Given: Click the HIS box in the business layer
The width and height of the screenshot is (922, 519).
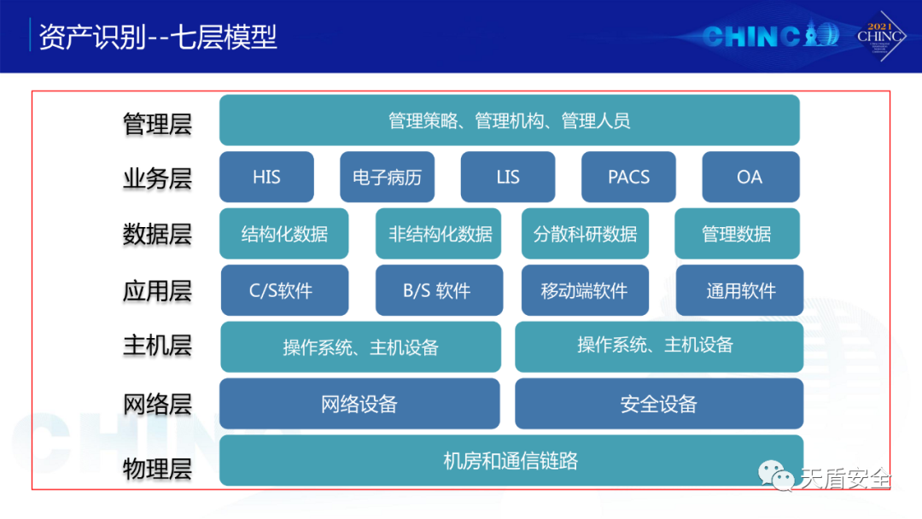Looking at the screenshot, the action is coord(266,178).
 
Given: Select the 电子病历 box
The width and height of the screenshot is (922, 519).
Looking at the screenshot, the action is coord(387,178).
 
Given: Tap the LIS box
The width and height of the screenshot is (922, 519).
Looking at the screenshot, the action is coord(508,178).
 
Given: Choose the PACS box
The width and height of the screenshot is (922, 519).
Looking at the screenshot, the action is coord(628,178).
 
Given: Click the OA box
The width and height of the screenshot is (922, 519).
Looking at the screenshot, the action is coord(750,178).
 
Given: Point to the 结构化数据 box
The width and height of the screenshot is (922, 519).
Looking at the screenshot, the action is coord(284,233).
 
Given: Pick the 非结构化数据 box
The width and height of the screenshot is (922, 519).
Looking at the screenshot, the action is coord(441,233).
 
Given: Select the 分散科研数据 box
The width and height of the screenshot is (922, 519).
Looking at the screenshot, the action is coord(586,233).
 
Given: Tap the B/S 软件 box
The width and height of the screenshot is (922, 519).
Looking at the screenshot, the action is coord(437,290).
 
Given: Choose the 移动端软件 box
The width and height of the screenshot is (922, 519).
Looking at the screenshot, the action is coord(585,290).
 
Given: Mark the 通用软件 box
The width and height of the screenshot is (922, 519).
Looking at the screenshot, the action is coord(739,290).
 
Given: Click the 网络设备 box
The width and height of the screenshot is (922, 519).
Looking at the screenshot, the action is coord(359,404).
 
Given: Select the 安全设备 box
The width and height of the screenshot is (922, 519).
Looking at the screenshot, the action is coord(659,404).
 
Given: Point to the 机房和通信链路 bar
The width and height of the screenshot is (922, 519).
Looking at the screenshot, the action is coord(511,461).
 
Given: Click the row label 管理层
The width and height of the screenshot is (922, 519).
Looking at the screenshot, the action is coord(157,124).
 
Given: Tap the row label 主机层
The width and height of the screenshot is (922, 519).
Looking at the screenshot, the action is coord(157,346).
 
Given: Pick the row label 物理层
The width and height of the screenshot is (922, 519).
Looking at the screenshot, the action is coord(157,469).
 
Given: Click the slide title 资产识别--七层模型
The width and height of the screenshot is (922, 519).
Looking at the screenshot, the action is coord(159,38).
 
